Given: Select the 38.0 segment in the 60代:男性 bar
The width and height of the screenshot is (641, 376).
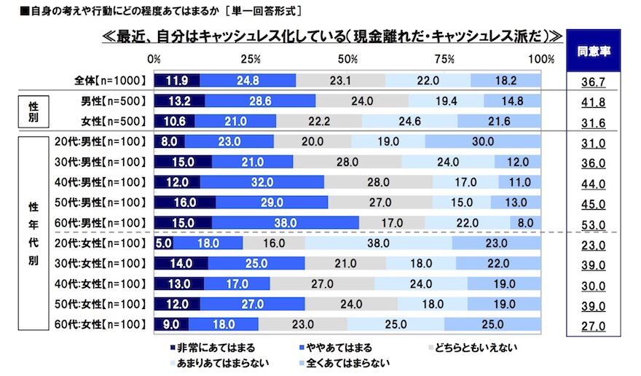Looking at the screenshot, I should click(x=286, y=222).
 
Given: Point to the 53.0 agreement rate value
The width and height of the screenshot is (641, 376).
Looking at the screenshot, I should click(x=593, y=222).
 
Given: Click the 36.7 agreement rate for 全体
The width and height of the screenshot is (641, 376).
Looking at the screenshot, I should click(x=593, y=80).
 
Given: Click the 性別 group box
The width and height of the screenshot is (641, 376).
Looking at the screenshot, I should click(x=34, y=110).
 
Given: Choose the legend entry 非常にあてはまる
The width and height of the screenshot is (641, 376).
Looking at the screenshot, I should click(x=213, y=348).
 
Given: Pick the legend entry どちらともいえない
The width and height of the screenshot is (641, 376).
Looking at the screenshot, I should click(x=473, y=348).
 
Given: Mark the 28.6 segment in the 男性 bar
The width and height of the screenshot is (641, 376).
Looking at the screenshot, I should click(x=260, y=101).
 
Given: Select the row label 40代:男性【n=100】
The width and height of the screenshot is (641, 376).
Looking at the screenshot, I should click(x=101, y=182).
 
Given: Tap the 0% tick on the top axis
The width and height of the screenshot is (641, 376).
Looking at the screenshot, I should click(x=154, y=59).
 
